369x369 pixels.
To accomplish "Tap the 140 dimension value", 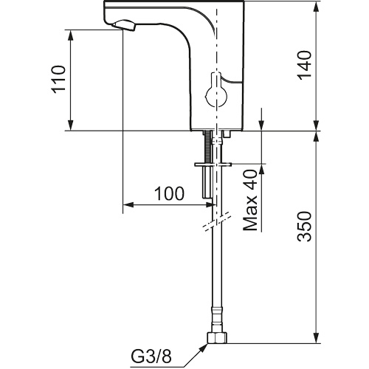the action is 304,65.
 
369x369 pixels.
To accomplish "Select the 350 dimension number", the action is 304,226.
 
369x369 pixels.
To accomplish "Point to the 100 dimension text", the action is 169,193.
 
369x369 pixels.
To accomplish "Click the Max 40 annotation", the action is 250,201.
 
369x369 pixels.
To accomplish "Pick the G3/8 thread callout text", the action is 151,356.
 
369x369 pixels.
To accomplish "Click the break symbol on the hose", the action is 217,221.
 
